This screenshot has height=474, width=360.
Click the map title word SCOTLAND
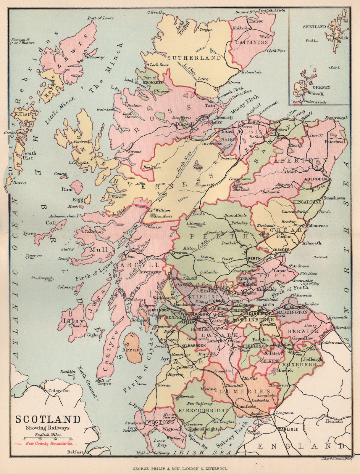click(x=48, y=419)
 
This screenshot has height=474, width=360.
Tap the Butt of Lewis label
click(x=100, y=18)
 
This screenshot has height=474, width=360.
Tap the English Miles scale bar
click(x=48, y=439)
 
